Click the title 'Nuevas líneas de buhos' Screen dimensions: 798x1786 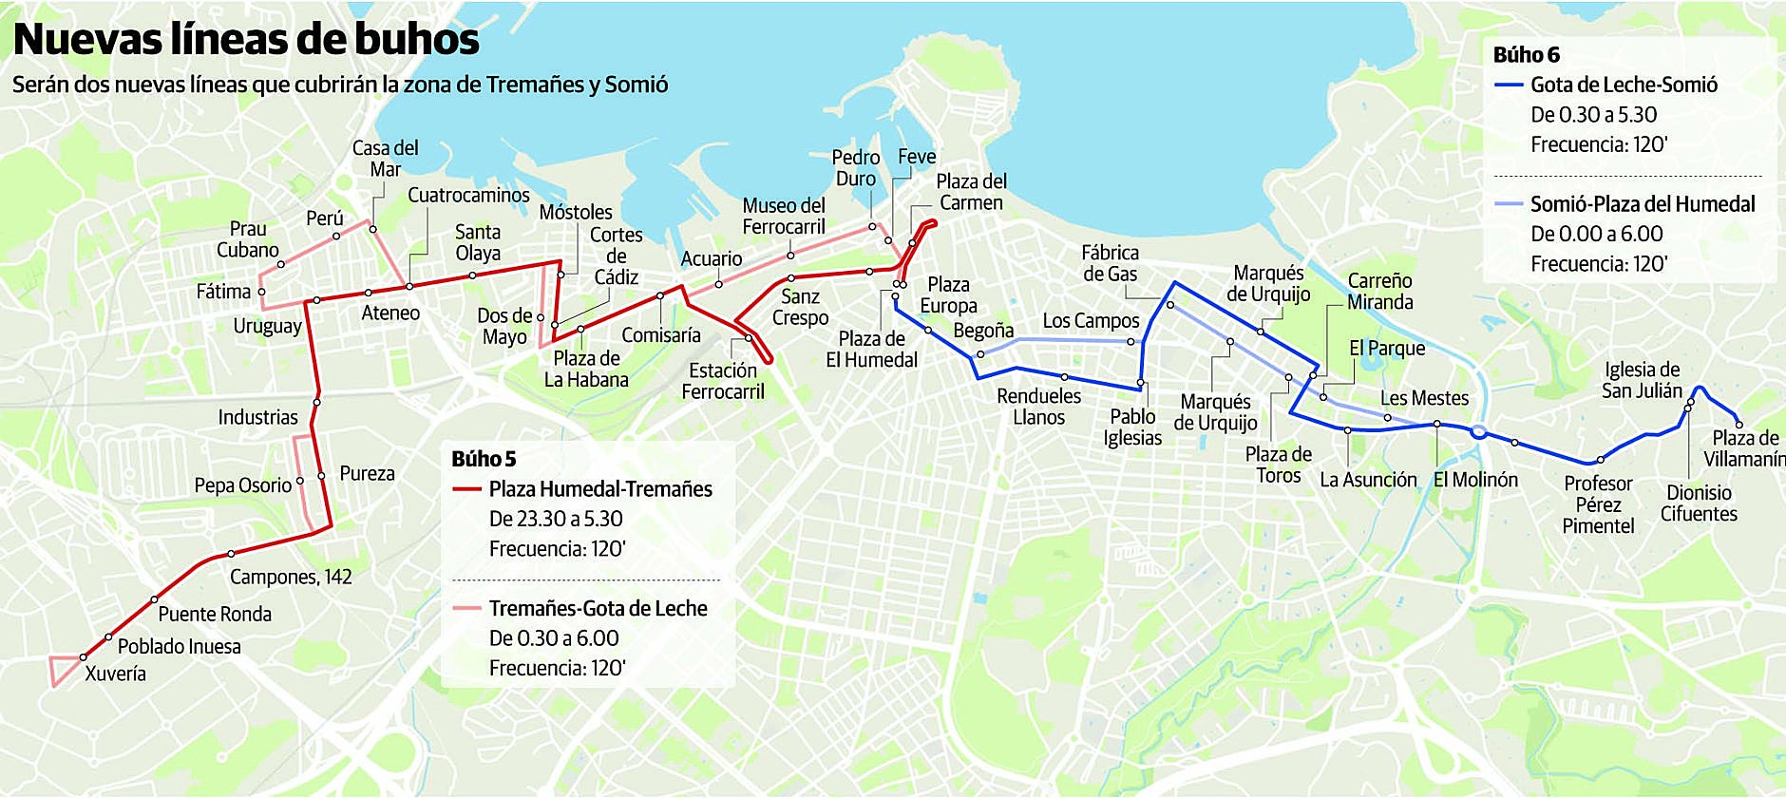coord(246,40)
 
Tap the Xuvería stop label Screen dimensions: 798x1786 coord(115,674)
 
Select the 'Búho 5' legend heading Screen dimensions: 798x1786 coord(484,459)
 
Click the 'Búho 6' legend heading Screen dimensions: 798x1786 coord(1526,55)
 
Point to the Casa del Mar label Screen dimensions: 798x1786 coord(385,159)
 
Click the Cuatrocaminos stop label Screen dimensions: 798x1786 coord(468,195)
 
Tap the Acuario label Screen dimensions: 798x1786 coord(711,258)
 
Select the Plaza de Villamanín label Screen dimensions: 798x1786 coord(1744,448)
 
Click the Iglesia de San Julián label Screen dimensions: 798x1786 coord(1642,380)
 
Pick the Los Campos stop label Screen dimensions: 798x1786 coord(1091,321)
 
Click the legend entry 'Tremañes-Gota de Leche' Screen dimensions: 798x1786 coord(598,608)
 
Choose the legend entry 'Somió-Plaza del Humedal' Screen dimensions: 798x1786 coord(1642,204)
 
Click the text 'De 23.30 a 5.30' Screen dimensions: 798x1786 coord(556,519)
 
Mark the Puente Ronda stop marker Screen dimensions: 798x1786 coord(154,599)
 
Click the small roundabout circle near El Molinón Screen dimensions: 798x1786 coord(1478,432)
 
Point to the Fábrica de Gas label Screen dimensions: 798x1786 coord(1110,263)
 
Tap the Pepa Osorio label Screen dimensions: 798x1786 coord(242,485)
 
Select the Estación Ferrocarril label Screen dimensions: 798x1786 coord(722,381)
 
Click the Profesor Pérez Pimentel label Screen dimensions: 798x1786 coord(1598,504)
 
